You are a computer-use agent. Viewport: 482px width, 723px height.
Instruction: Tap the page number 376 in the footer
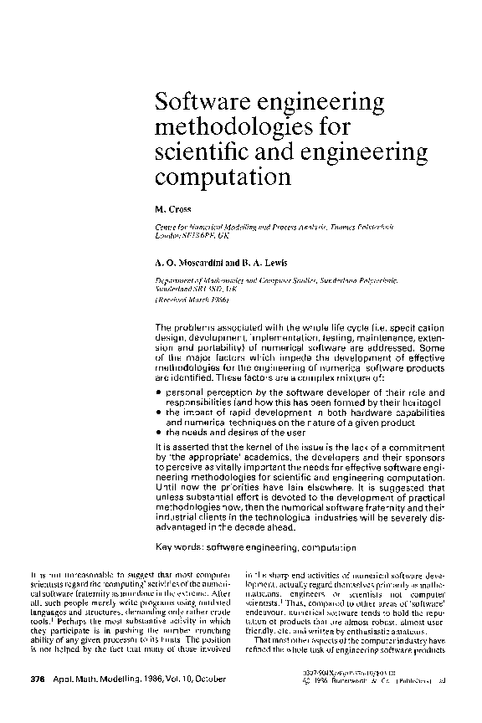point(37,679)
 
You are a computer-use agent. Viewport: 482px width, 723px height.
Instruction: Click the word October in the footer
point(198,679)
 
